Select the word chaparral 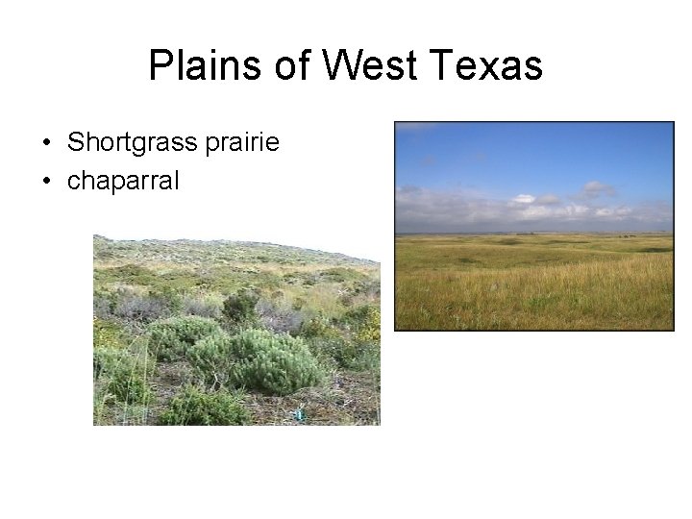point(123,180)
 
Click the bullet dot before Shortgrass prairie point(45,144)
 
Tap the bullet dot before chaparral point(45,181)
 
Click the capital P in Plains point(160,66)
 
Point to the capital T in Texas point(441,66)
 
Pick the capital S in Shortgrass point(74,143)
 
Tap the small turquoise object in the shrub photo point(299,414)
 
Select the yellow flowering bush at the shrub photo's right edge point(369,322)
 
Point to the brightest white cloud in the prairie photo point(524,200)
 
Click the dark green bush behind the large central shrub point(240,306)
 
